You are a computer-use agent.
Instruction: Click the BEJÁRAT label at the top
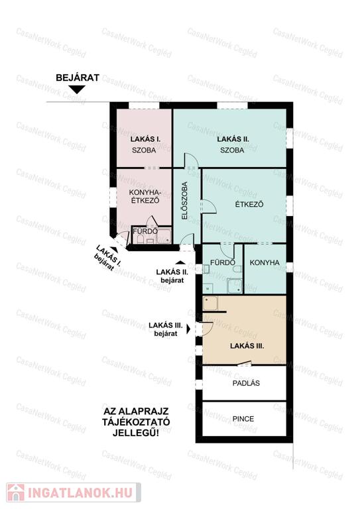coord(78,78)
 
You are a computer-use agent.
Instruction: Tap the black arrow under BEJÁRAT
coord(78,89)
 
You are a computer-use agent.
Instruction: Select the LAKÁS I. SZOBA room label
coord(145,144)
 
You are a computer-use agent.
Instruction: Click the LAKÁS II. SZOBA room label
coord(233,144)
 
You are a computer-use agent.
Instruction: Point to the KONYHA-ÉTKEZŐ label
coord(145,196)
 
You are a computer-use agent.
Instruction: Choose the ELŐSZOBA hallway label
coord(184,201)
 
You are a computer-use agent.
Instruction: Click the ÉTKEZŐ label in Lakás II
coord(249,205)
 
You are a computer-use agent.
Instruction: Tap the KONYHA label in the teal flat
coord(265,262)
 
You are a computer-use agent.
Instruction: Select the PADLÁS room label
coord(246,383)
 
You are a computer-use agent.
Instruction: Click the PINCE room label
coord(243,419)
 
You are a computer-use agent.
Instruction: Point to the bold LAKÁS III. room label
coord(247,346)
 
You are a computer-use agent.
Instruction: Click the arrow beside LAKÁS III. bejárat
coord(188,329)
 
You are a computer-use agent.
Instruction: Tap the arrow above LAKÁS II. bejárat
coord(181,262)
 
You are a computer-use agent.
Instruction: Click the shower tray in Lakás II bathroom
coord(235,286)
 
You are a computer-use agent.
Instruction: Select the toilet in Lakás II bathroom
coord(237,269)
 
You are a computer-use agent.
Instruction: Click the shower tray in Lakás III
coord(210,303)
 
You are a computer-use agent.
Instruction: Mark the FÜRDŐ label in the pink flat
coord(145,231)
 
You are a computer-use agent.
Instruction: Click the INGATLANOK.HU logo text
coord(80,493)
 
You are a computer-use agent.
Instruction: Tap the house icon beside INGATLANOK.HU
coord(16,493)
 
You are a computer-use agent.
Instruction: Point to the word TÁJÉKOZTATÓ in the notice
coord(136,422)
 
